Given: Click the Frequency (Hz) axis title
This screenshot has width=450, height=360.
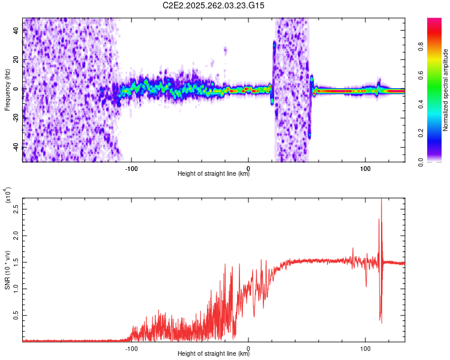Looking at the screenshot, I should [7, 89].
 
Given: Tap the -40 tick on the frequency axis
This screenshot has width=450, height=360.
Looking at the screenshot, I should [16, 147].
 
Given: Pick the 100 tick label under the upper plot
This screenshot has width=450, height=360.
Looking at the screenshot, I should [365, 167].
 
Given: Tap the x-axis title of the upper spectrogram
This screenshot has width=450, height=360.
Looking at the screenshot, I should [214, 174].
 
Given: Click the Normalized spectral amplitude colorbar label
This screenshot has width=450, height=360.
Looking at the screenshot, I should [446, 89].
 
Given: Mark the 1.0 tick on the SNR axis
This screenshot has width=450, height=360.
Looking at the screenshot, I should [16, 289].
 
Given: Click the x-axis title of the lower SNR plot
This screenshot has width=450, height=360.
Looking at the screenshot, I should [214, 354].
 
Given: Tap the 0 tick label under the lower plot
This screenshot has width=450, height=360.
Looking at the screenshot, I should [248, 348].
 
